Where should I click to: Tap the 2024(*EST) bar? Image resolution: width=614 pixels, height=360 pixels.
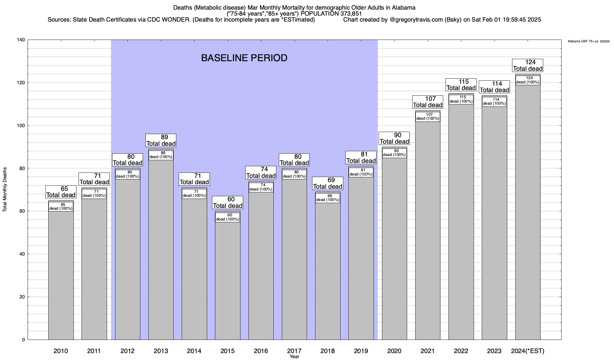528,210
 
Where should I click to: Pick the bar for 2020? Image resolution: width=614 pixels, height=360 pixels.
394,246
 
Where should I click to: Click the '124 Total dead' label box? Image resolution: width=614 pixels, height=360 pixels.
528,65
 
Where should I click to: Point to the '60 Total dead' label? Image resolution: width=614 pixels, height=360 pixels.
228,202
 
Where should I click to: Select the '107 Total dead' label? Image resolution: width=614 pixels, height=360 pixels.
428,102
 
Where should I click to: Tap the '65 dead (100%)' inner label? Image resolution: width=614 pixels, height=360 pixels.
61,207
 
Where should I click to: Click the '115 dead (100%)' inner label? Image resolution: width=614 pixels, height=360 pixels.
461,99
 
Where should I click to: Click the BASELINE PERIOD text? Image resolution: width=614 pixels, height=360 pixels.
244,58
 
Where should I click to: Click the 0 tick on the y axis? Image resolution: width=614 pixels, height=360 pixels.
23,340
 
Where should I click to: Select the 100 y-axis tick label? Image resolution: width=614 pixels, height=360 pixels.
21,126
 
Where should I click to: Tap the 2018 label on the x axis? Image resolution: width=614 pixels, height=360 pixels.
327,351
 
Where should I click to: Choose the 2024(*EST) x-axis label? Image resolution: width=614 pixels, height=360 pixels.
528,351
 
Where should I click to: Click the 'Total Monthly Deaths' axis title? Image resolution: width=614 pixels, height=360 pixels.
5,189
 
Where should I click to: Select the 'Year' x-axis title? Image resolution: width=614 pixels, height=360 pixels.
294,357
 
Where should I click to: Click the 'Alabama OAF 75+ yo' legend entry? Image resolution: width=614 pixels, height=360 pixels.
583,41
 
